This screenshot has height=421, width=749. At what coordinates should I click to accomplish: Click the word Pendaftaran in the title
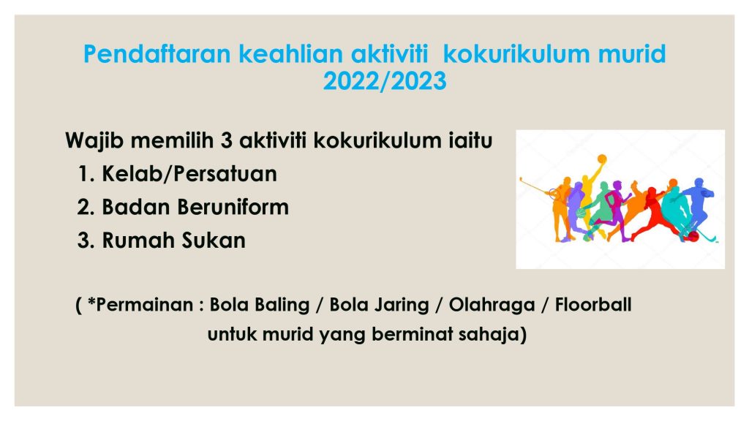point(157,53)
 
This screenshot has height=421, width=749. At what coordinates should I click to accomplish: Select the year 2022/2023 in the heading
point(385,80)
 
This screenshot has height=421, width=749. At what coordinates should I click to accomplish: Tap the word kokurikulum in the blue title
point(516,53)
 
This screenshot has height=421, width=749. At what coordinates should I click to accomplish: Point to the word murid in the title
point(632,53)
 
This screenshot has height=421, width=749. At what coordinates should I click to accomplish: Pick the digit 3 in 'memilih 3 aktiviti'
point(227,141)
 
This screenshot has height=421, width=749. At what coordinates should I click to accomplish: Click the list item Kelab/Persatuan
point(189,174)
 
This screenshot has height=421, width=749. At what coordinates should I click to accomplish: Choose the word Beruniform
point(233,207)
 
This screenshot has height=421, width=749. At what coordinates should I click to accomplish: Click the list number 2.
point(85,208)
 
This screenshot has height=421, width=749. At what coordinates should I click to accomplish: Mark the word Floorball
point(593,305)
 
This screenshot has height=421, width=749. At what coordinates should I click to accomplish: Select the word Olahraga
point(492,306)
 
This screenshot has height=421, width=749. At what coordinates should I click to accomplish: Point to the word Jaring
point(403,306)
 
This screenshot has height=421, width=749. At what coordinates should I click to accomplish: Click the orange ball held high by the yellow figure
point(602,159)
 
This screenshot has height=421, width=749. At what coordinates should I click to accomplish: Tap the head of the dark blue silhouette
point(699,183)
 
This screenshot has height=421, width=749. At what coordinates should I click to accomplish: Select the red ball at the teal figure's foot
point(693,236)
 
